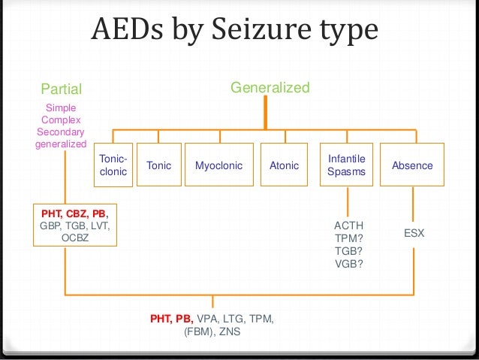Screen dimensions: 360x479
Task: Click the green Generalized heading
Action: point(270,88)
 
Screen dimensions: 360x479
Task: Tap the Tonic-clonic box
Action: point(113,165)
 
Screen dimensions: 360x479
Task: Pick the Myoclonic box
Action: point(218,165)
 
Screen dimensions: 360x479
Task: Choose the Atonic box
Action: point(284,165)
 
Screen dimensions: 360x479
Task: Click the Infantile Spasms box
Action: point(346,165)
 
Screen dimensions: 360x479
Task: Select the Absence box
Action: point(412,165)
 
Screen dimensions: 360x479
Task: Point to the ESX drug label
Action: point(414,234)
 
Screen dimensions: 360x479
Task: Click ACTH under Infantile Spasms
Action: point(348,225)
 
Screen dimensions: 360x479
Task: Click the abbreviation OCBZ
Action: point(75,238)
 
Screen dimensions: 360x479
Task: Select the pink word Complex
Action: point(61,120)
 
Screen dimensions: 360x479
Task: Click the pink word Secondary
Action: point(61,132)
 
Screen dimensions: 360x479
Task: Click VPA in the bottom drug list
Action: point(208,319)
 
